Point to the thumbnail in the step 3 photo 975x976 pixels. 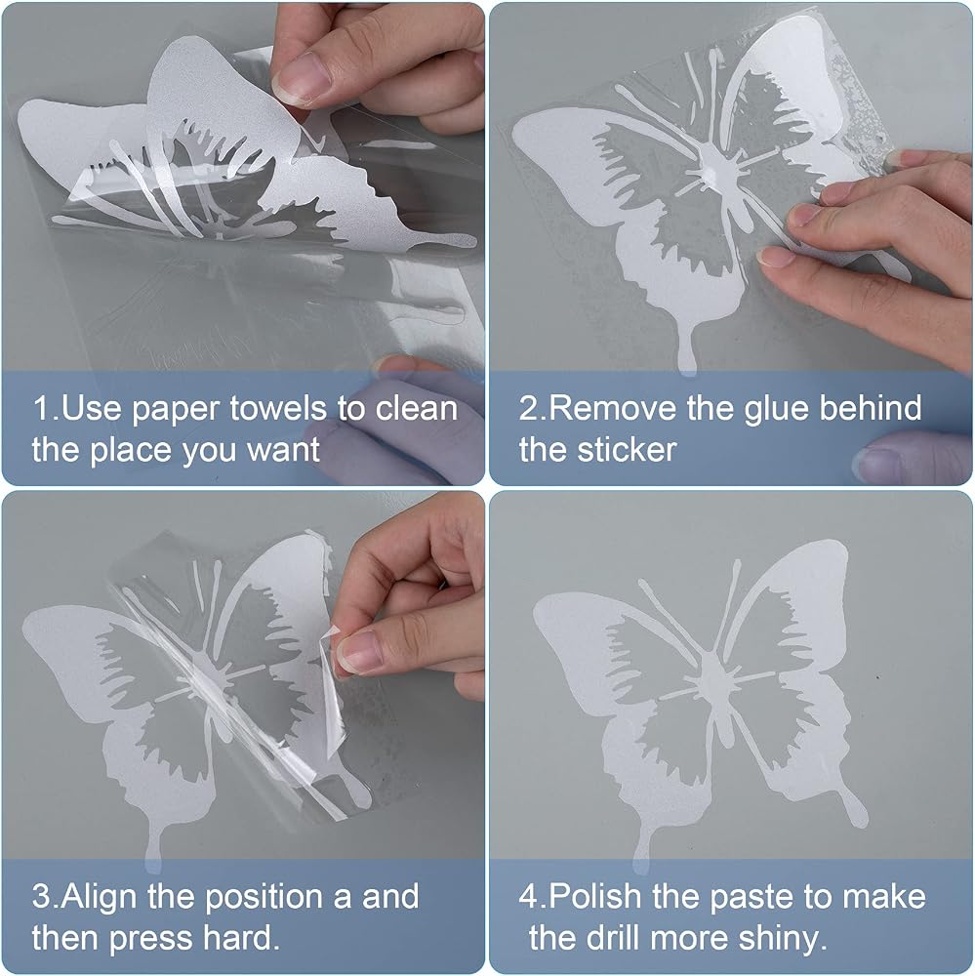(x=359, y=651)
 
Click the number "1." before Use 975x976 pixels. (x=46, y=408)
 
